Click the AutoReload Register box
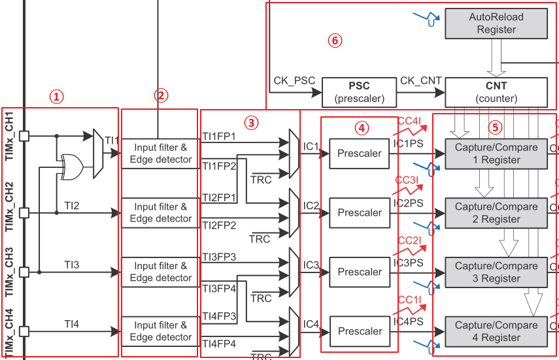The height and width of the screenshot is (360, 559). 496,24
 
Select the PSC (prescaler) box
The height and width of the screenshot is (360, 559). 359,92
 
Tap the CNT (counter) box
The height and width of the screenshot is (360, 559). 496,92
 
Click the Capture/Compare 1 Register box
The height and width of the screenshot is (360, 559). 496,154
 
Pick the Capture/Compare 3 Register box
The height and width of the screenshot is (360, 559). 496,272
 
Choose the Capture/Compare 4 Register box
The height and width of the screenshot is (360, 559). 496,331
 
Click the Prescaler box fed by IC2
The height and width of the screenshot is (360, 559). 360,212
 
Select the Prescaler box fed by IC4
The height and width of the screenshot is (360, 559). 360,331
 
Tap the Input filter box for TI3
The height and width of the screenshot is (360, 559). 160,272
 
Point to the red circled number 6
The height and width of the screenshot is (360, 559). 335,41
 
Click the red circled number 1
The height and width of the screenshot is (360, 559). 58,97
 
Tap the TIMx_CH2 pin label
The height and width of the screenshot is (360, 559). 10,195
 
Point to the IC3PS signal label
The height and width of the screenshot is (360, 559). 409,263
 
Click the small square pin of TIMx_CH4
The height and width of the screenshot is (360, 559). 24,331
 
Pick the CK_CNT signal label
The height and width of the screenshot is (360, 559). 420,81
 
